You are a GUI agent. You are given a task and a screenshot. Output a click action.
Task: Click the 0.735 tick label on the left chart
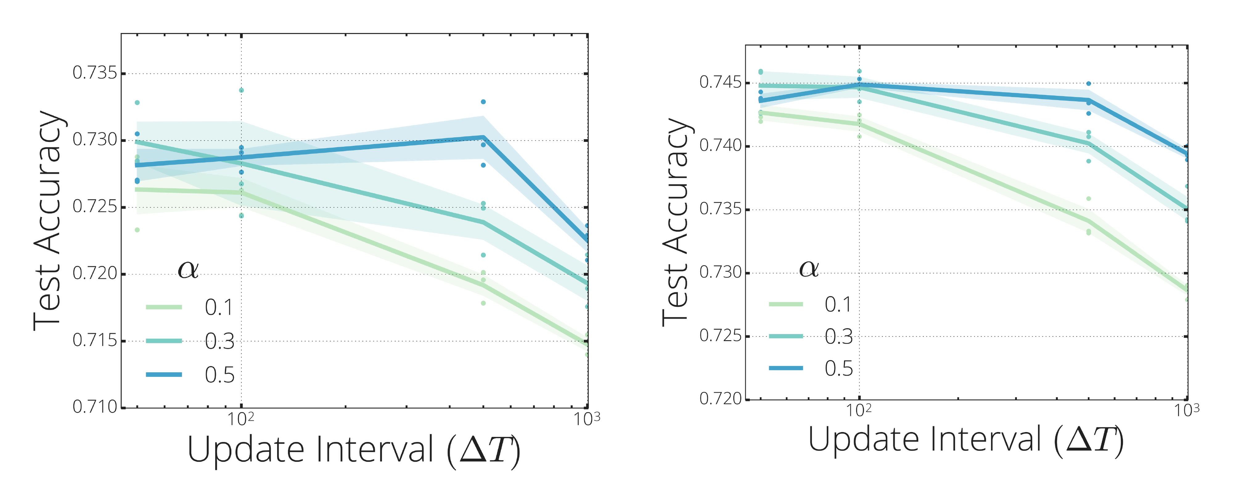94,73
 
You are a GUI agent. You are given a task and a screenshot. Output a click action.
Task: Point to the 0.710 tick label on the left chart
94,407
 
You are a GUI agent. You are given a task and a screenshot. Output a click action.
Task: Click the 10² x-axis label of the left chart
240,419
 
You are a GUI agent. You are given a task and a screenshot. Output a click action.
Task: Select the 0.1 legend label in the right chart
838,305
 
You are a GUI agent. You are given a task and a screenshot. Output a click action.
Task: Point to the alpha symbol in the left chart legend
188,270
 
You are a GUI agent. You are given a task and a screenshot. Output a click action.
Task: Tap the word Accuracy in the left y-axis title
48,182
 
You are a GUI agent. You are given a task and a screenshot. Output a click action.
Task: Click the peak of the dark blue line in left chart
483,138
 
